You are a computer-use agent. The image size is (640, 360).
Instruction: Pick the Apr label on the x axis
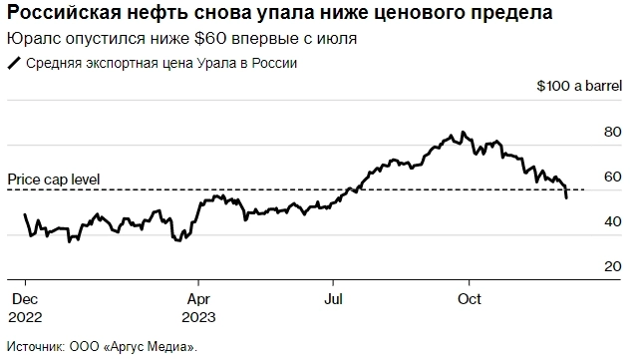[x=199, y=297]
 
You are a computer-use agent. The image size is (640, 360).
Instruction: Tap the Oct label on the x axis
[x=470, y=297]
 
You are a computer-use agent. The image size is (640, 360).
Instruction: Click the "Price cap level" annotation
[x=54, y=180]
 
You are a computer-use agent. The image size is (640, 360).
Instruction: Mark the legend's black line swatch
[x=14, y=63]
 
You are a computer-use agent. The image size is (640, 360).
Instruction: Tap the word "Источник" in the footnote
[x=35, y=347]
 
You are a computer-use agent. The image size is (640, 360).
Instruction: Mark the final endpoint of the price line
[x=567, y=198]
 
